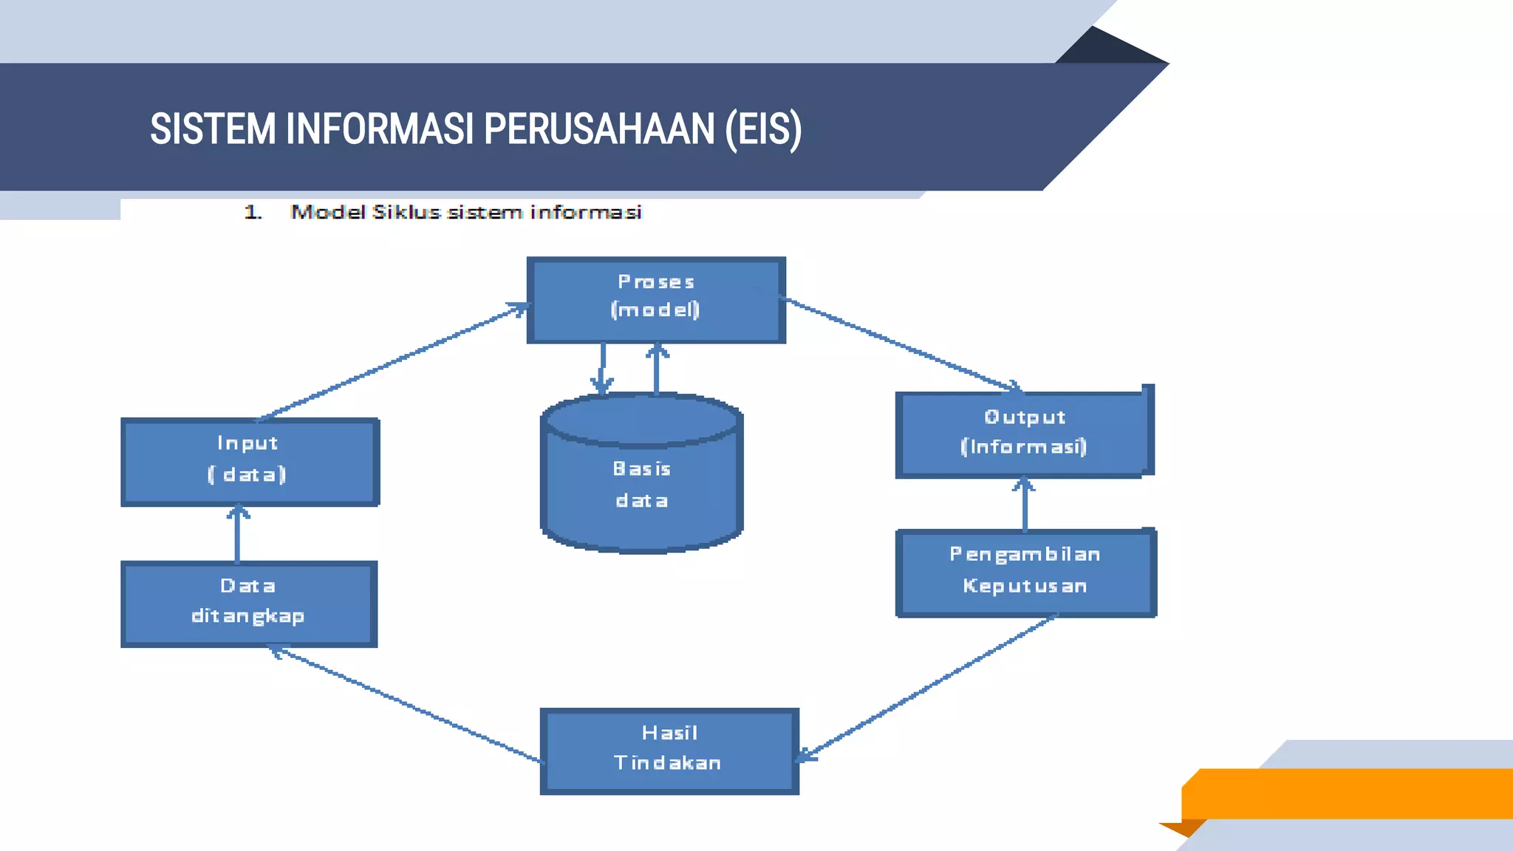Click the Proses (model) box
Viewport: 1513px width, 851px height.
[x=656, y=299]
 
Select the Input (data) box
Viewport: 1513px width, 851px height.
[x=250, y=462]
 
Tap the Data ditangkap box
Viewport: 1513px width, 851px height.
[x=249, y=604]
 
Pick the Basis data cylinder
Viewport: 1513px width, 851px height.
[x=641, y=484]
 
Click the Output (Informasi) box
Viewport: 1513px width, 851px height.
[x=1023, y=434]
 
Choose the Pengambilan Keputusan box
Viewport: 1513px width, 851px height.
[x=1025, y=573]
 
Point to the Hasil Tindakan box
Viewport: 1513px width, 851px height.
[x=669, y=751]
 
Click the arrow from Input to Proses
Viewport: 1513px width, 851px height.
[x=392, y=362]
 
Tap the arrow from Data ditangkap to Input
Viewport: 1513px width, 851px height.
[x=237, y=533]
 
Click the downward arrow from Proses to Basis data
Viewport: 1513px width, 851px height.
[x=602, y=368]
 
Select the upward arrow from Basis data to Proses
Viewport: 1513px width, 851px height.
[x=657, y=369]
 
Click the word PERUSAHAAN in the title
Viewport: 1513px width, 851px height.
[x=599, y=129]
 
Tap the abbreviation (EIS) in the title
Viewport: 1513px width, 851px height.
[x=763, y=129]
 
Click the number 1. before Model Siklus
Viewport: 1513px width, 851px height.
[x=253, y=213]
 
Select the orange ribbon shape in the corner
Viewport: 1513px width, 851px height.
[x=1345, y=793]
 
